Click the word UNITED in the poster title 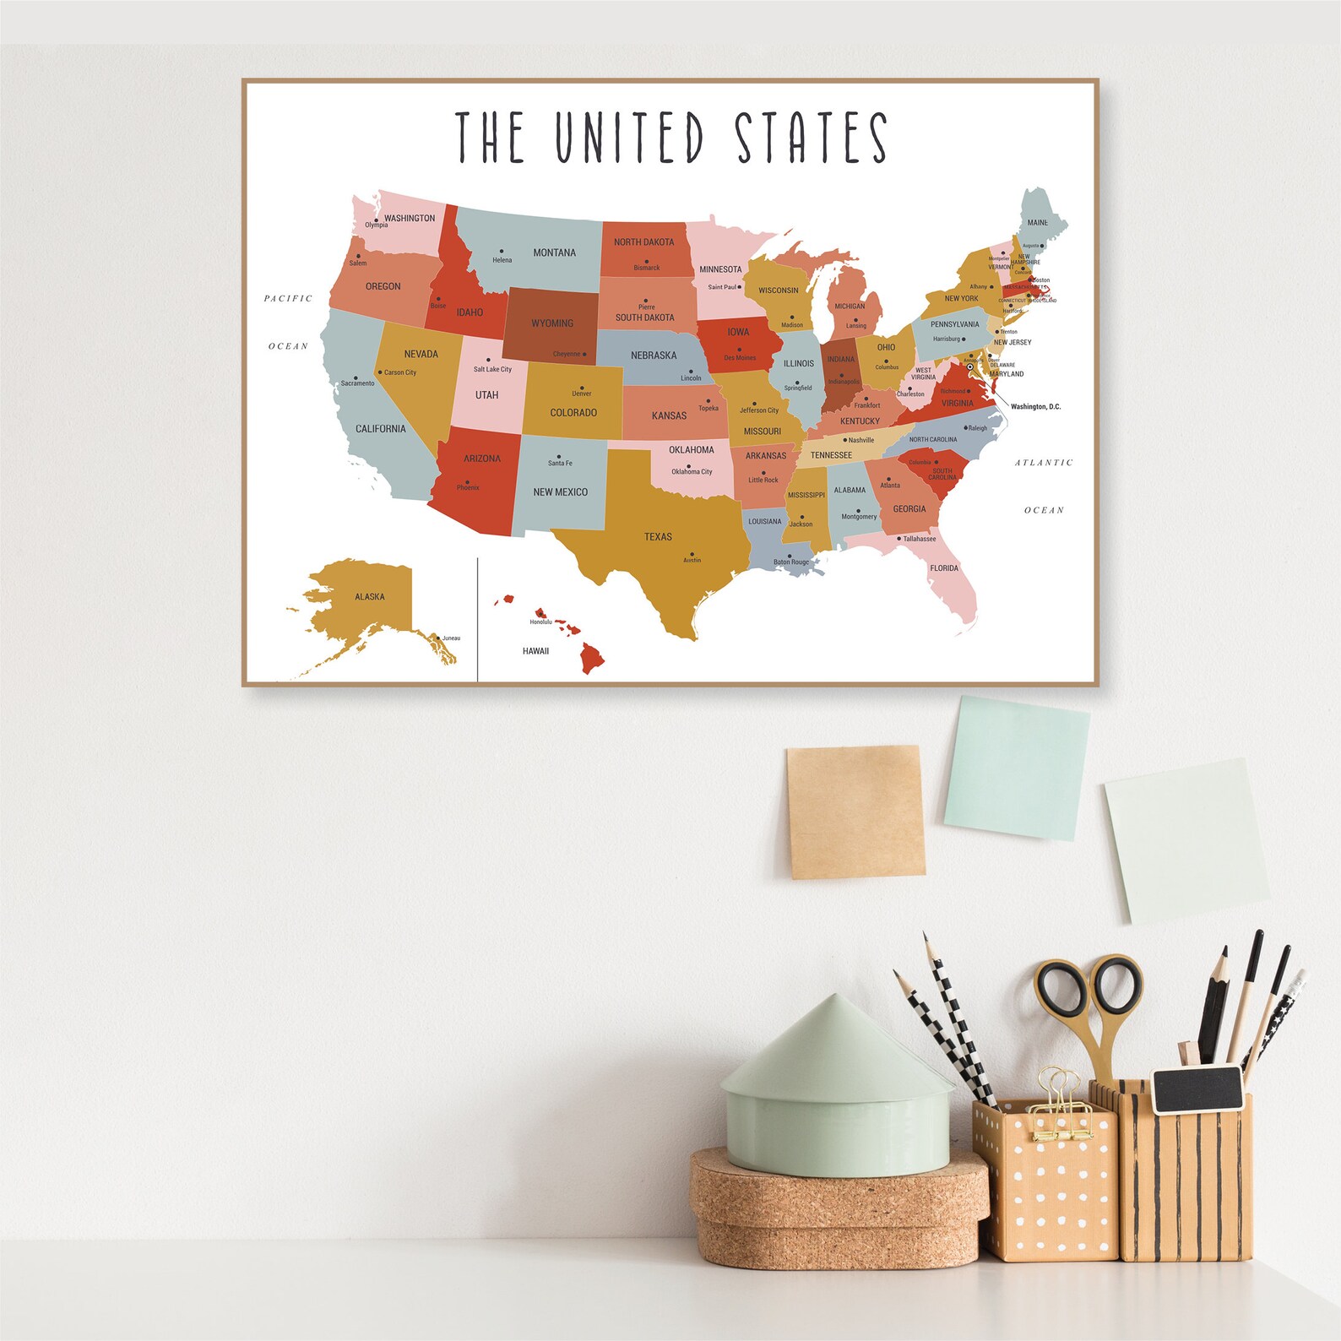(x=629, y=137)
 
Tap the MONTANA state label (x=554, y=252)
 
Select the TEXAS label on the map (x=658, y=537)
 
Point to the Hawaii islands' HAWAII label (x=535, y=651)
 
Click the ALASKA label (x=370, y=597)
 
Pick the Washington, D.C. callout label (x=1035, y=407)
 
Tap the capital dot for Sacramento (x=356, y=377)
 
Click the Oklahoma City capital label (x=692, y=472)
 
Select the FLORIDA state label (x=944, y=568)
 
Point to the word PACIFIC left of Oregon (x=288, y=298)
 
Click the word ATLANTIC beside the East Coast (x=1044, y=463)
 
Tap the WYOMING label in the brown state (x=552, y=323)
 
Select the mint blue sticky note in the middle (x=1016, y=768)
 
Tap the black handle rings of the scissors (x=1089, y=988)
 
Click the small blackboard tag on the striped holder (x=1197, y=1089)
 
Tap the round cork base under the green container (x=839, y=1208)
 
